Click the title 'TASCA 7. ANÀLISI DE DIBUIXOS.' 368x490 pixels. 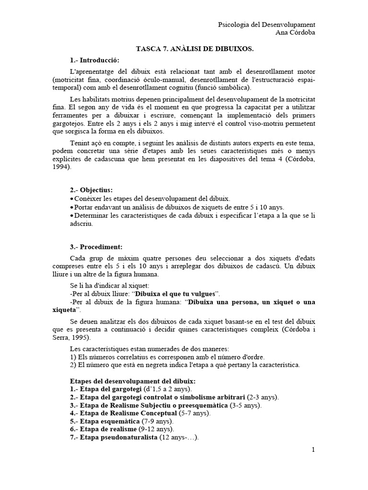click(195, 49)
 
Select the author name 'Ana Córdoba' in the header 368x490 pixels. click(296, 33)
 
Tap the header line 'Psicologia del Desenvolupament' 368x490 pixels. click(267, 24)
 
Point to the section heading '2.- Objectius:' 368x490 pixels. click(91, 190)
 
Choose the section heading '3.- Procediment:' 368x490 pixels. click(96, 247)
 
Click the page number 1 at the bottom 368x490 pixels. click(313, 450)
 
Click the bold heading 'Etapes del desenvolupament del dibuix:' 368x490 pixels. click(130, 381)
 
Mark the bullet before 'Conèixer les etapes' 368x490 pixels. click(72, 199)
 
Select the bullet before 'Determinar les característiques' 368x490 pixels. click(72, 215)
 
